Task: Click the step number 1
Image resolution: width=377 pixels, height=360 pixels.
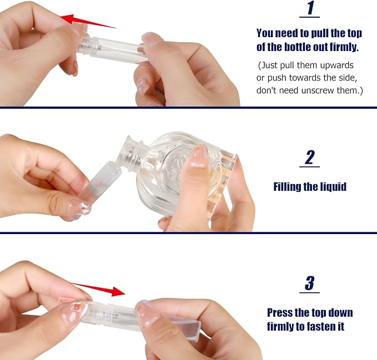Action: (310, 8)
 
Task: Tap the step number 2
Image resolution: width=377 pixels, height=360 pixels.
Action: (310, 158)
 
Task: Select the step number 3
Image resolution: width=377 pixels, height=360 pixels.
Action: (310, 283)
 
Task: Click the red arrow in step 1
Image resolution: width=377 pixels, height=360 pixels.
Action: (88, 22)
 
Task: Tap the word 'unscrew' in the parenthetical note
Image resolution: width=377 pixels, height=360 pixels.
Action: (318, 90)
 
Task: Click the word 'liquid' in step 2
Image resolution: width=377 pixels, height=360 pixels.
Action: (333, 187)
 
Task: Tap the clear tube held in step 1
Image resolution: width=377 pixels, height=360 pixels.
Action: (113, 49)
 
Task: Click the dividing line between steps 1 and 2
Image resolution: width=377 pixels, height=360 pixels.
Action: (189, 108)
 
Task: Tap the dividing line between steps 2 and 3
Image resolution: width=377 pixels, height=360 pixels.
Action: (189, 233)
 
